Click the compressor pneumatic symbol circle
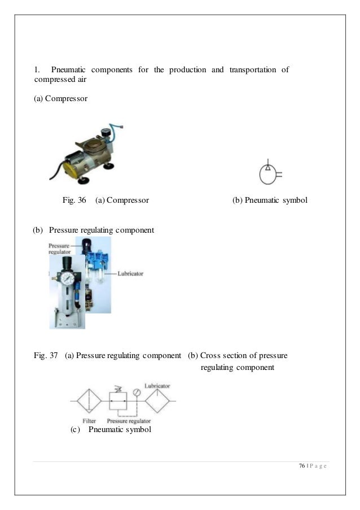click(267, 175)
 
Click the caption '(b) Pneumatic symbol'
click(270, 200)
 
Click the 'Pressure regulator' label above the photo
click(59, 250)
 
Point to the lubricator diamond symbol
click(157, 400)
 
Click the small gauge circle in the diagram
click(136, 392)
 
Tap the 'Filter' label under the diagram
click(88, 421)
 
